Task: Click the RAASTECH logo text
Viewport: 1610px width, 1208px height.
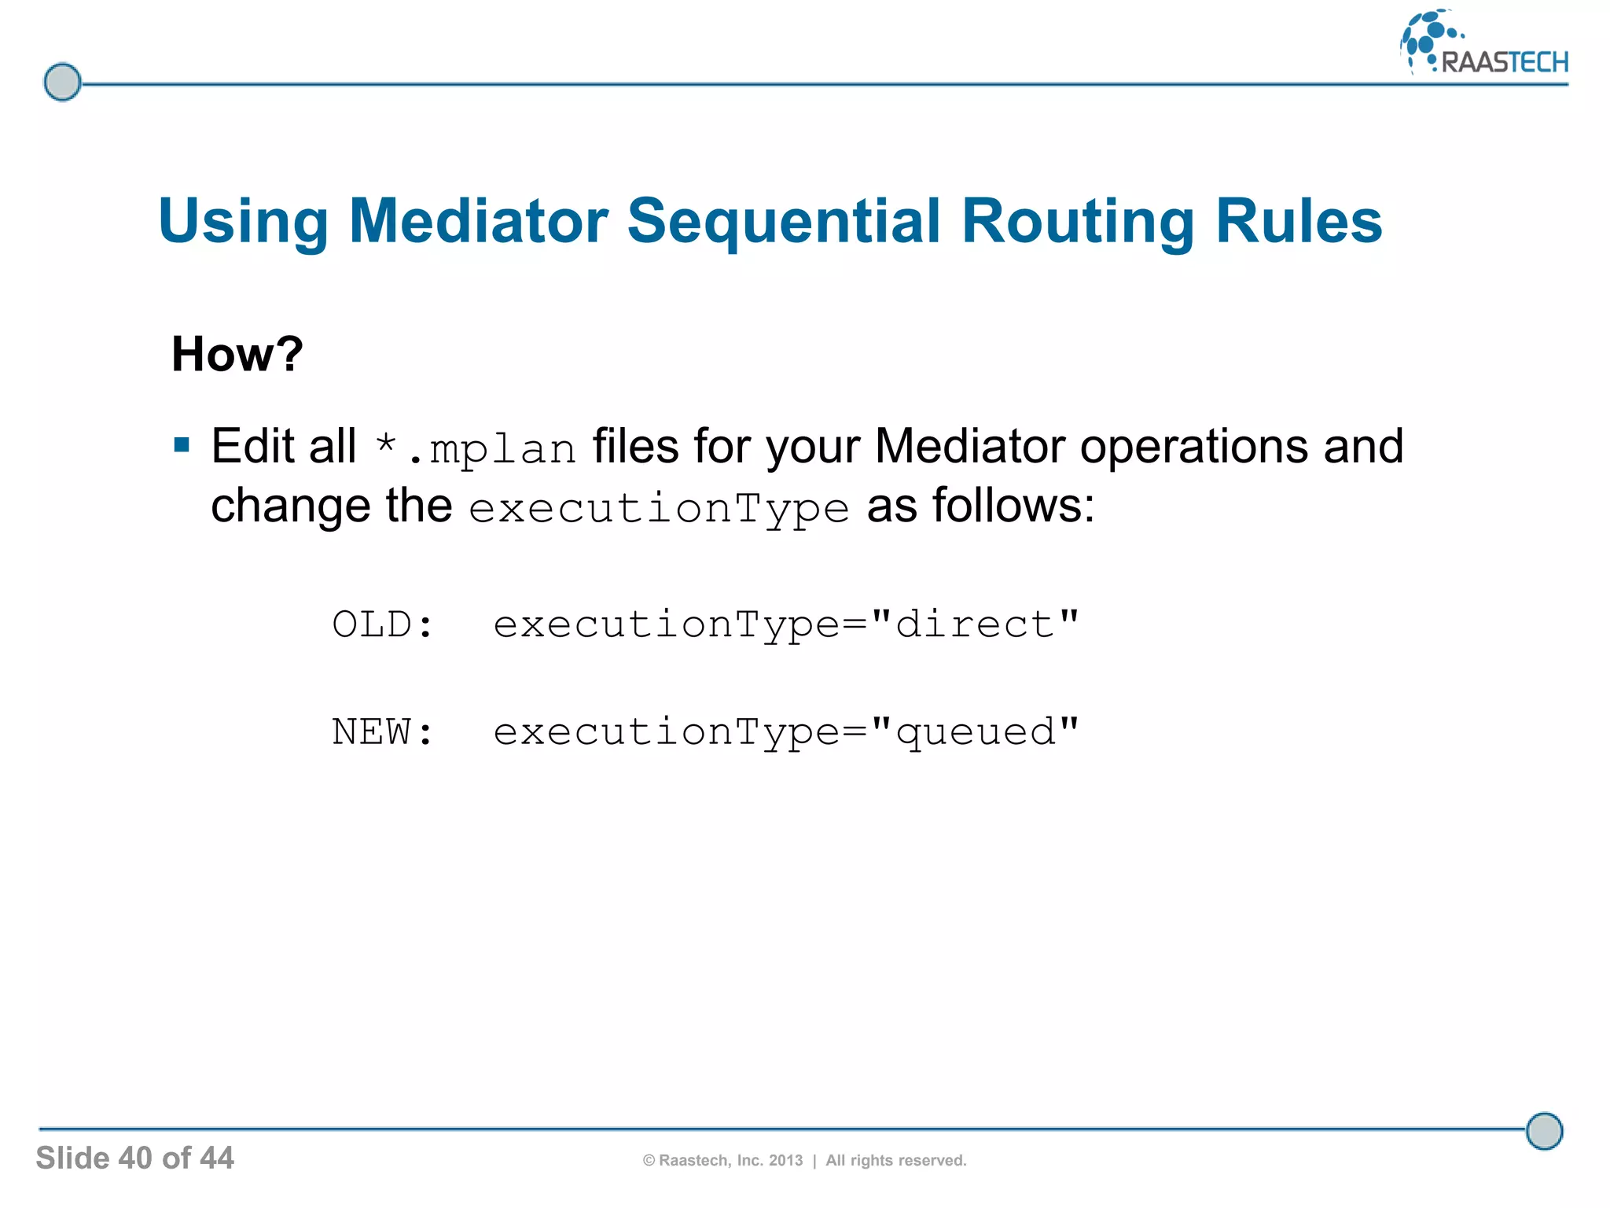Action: pos(1504,62)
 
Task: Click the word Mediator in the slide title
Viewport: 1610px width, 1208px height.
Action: pos(478,221)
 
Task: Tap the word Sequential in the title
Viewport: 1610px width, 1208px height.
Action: pos(783,221)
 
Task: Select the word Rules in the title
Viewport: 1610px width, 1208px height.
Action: pos(1298,221)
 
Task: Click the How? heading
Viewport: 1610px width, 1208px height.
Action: pos(237,354)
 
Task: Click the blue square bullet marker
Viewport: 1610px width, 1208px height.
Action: pos(182,446)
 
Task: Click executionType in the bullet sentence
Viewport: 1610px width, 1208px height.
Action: pos(659,507)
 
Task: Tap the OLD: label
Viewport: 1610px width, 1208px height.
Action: pos(382,624)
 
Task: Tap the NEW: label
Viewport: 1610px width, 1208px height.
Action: pos(382,732)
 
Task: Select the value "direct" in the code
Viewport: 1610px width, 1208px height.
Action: pos(975,624)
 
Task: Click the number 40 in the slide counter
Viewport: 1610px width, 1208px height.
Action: pos(134,1158)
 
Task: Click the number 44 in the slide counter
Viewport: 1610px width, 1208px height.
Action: pos(216,1158)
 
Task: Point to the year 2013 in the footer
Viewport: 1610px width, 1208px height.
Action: pos(785,1161)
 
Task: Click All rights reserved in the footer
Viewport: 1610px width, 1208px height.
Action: pos(895,1161)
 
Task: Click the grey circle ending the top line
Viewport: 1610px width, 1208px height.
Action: pos(62,83)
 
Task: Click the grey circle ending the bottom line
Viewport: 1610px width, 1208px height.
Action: pos(1544,1131)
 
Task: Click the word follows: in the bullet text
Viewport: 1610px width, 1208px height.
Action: pos(1013,505)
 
